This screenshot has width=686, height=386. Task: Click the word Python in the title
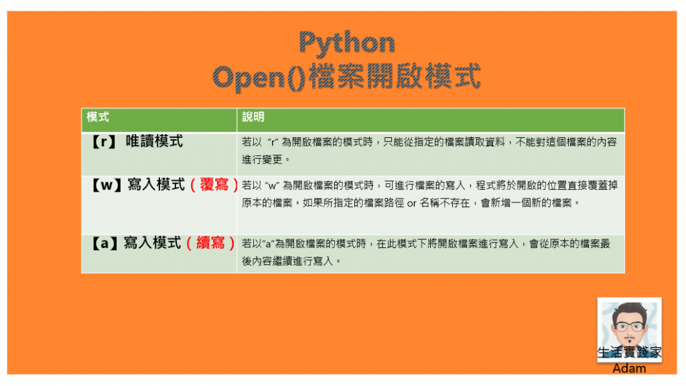point(347,44)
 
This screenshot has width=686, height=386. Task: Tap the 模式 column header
point(98,117)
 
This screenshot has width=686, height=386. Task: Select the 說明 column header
point(253,117)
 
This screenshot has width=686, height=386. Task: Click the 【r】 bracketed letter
point(104,141)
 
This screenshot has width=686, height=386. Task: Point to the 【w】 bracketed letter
point(107,185)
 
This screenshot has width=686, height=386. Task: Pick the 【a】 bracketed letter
point(105,243)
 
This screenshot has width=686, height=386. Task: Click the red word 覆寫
point(214,185)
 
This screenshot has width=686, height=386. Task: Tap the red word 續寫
point(210,243)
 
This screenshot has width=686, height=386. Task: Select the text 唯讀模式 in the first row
point(154,141)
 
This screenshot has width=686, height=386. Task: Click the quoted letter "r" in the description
point(273,142)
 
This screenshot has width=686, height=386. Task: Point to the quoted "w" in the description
point(272,186)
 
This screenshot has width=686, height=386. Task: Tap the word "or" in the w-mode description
point(412,203)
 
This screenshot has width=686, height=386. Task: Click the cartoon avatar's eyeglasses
point(629,326)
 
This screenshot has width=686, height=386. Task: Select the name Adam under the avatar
point(629,369)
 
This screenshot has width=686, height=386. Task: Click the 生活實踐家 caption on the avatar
point(629,352)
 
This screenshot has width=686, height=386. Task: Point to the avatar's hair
point(630,310)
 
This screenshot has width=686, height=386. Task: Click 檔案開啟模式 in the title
point(395,77)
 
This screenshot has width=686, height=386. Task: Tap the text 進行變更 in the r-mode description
point(262,159)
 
